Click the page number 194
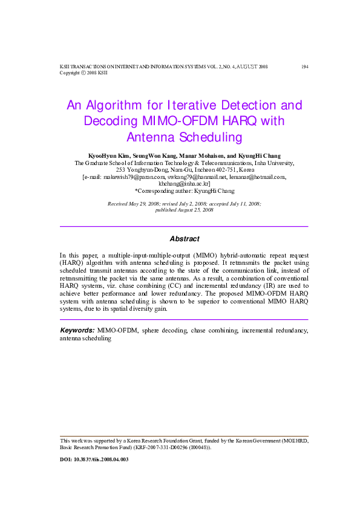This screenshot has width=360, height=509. coord(304,66)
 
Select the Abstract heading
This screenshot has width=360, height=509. coord(184,239)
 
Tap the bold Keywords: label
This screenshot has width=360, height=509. coord(77,330)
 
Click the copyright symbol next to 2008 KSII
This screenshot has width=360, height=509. coord(83,73)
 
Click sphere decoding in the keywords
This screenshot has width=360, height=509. coord(162,331)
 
